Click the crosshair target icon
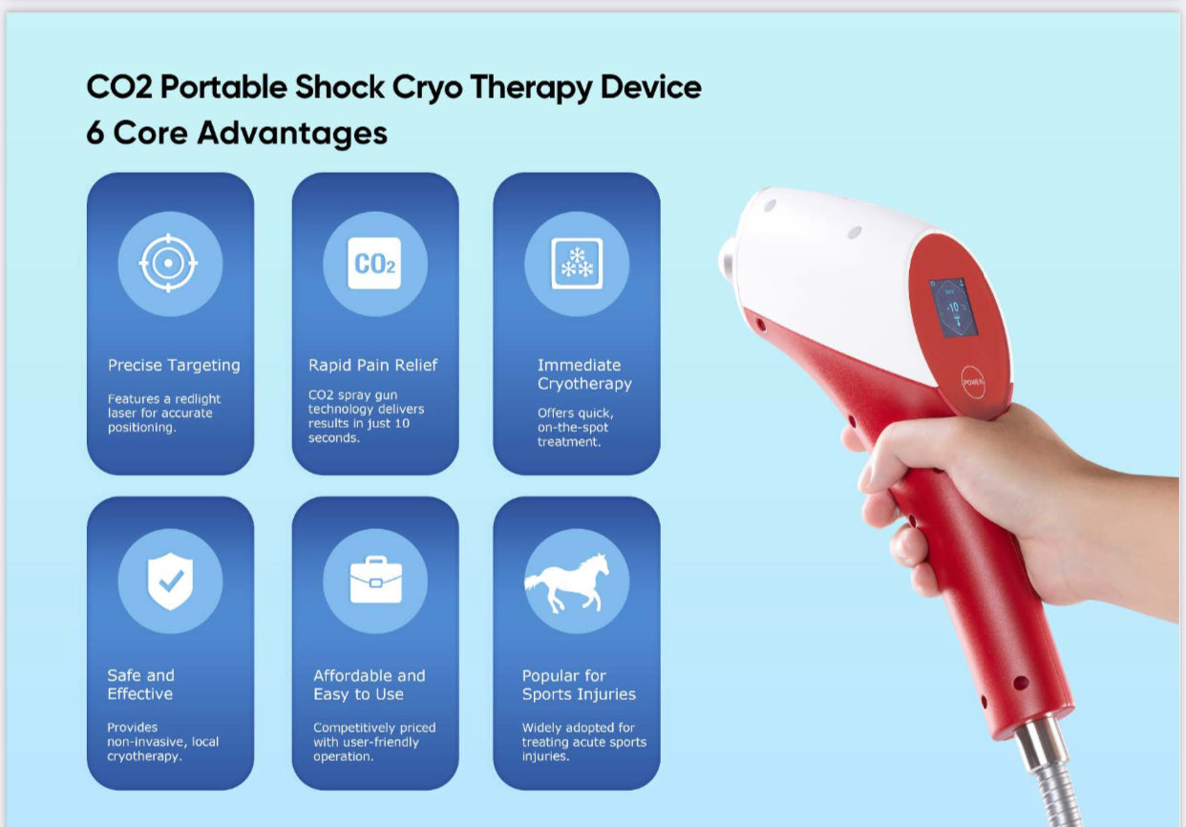pyautogui.click(x=168, y=264)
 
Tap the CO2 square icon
pyautogui.click(x=374, y=264)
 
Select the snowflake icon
pyautogui.click(x=577, y=264)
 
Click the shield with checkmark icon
pyautogui.click(x=170, y=581)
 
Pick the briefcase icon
pyautogui.click(x=376, y=580)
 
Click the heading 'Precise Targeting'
pyautogui.click(x=174, y=366)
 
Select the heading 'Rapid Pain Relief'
pyautogui.click(x=372, y=365)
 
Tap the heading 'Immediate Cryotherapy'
pyautogui.click(x=584, y=374)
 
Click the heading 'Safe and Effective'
pyautogui.click(x=140, y=685)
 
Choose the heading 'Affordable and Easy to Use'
pyautogui.click(x=369, y=685)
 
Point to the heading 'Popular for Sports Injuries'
pyautogui.click(x=579, y=685)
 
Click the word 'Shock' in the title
pyautogui.click(x=340, y=87)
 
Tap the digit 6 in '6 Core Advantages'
pyautogui.click(x=95, y=133)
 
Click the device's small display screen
pyautogui.click(x=953, y=307)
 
